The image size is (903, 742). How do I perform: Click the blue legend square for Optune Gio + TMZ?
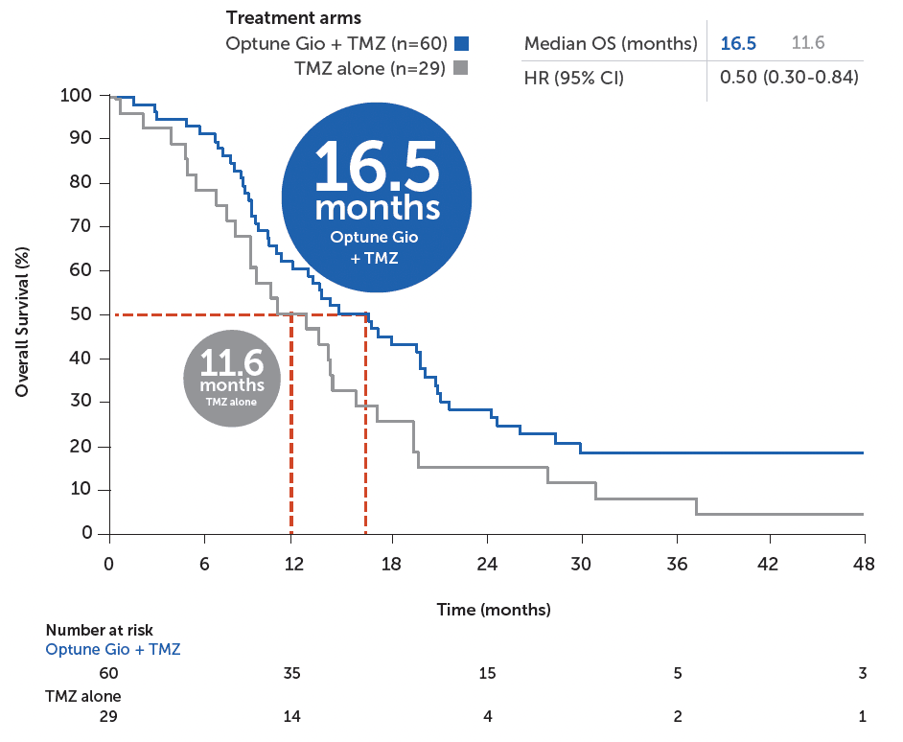[x=461, y=43]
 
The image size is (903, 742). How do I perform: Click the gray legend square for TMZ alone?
[x=461, y=68]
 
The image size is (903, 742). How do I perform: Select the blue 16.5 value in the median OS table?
[x=738, y=43]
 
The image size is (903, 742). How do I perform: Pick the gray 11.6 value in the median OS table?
[x=809, y=43]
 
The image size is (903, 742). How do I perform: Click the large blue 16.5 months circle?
[x=377, y=198]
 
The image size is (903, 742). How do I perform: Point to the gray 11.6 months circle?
[x=232, y=377]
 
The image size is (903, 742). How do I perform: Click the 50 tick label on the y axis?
[x=82, y=314]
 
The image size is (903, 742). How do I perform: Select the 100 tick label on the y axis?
[x=78, y=95]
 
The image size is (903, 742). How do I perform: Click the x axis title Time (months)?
[x=494, y=610]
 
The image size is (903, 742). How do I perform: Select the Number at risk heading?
[x=100, y=631]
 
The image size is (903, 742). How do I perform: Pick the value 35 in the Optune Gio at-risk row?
[x=292, y=673]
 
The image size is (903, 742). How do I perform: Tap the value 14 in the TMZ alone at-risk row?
[x=292, y=716]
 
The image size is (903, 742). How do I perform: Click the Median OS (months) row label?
[x=611, y=44]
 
